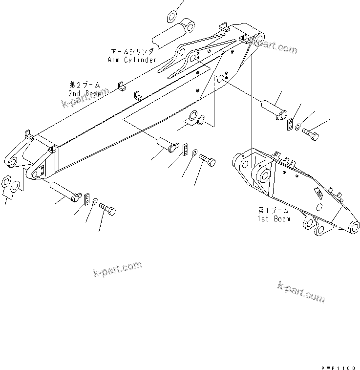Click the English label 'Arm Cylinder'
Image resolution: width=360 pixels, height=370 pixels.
click(132, 60)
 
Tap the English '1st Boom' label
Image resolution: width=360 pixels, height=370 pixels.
click(274, 218)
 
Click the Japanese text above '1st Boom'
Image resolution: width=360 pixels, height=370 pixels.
click(274, 210)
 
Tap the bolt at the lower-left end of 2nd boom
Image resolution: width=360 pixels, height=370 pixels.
click(108, 209)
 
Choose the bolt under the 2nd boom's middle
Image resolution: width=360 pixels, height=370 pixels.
click(207, 160)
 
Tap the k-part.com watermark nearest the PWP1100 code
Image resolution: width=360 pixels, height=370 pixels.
click(301, 291)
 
